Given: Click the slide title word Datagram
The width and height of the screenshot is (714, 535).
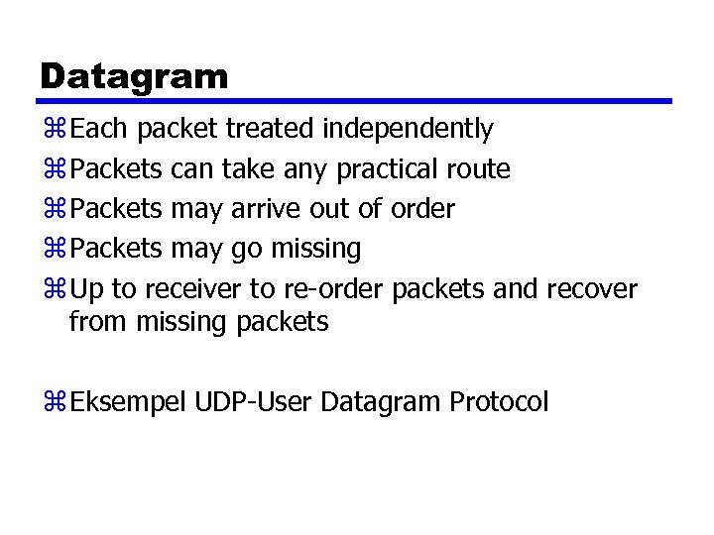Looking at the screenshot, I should (134, 75).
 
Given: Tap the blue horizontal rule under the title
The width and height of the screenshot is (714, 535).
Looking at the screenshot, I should (357, 100).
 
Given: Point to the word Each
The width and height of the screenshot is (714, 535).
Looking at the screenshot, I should (101, 129).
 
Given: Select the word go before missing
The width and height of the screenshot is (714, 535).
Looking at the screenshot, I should (244, 249).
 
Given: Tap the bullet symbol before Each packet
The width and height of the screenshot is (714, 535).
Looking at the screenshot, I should (54, 130).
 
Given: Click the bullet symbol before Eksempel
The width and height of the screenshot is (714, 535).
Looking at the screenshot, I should (54, 402).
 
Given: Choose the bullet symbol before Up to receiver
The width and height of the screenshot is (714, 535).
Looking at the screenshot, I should (54, 289).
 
